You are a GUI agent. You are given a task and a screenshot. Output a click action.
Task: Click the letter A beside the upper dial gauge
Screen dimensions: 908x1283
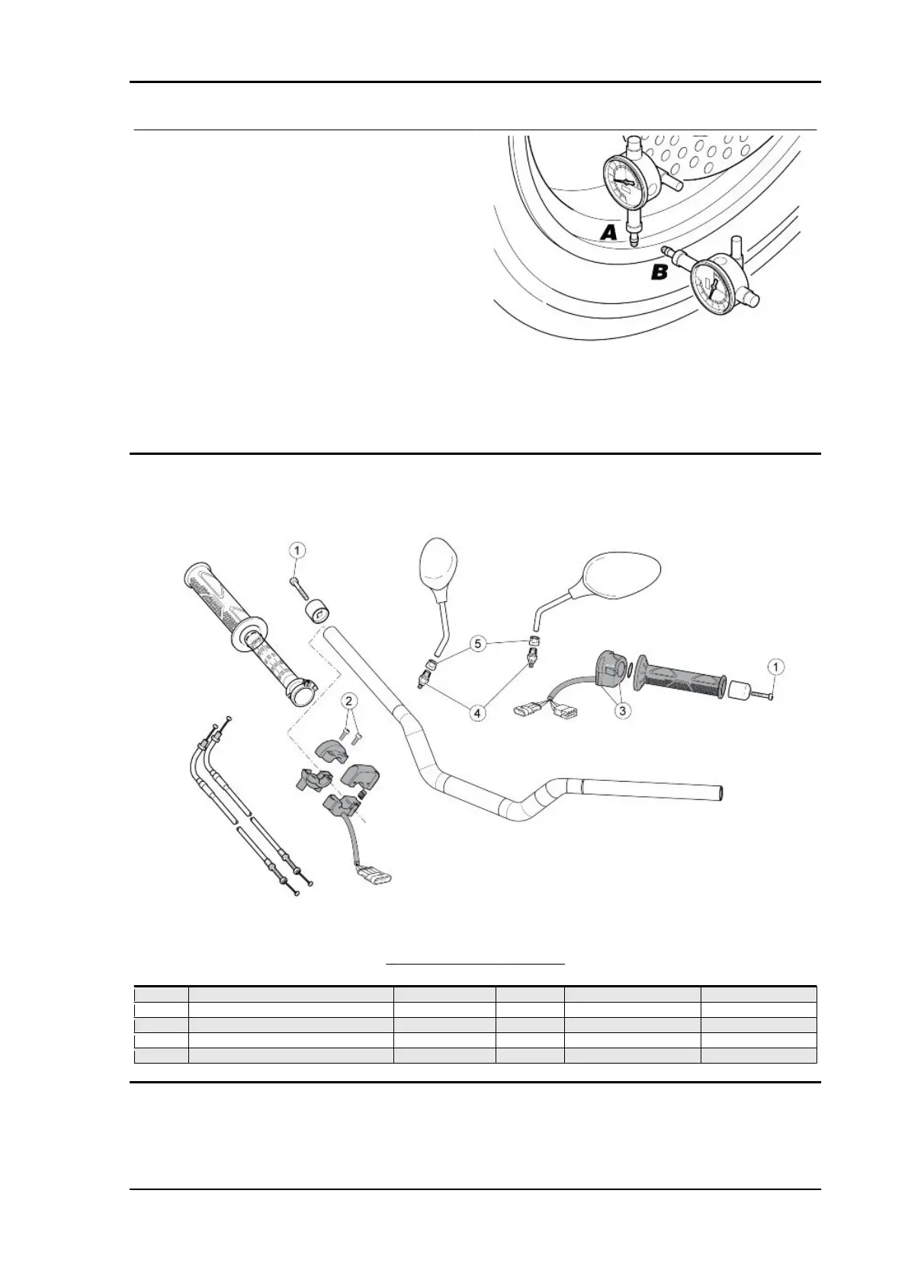click(608, 232)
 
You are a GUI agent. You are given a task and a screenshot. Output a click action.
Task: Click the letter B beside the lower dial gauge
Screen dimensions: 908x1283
click(660, 271)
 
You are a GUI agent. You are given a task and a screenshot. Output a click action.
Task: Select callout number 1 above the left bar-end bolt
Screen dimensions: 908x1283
click(297, 549)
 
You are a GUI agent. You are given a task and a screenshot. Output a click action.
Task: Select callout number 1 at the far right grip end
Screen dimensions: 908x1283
click(775, 667)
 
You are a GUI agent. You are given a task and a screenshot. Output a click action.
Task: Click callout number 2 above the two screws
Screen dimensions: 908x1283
click(348, 700)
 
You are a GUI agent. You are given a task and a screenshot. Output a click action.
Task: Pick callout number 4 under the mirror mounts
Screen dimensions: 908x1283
click(476, 713)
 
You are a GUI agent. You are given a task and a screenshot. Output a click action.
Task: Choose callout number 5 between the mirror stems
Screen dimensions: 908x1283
click(477, 645)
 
